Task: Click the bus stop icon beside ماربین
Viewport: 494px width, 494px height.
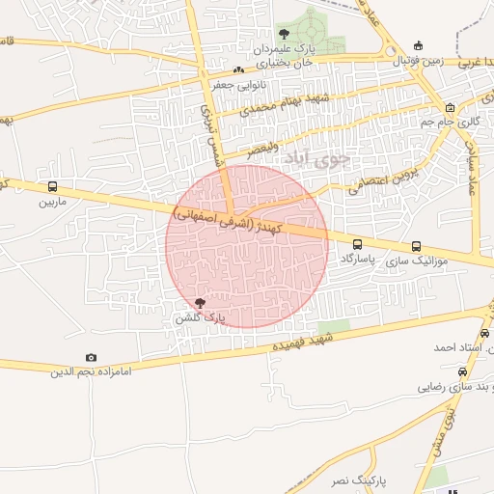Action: [51, 187]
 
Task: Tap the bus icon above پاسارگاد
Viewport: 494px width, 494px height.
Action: [358, 245]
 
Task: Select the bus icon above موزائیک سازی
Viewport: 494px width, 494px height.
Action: [416, 246]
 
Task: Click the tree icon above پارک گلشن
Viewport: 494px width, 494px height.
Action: [200, 303]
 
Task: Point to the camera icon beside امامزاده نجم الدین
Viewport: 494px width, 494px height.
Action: [92, 358]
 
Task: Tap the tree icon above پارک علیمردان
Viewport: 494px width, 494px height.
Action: [283, 35]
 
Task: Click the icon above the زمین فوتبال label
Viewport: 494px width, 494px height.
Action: [417, 45]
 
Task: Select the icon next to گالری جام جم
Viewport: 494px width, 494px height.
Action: [451, 108]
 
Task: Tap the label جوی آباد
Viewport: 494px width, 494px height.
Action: [347, 158]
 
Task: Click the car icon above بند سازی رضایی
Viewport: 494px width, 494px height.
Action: [462, 371]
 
